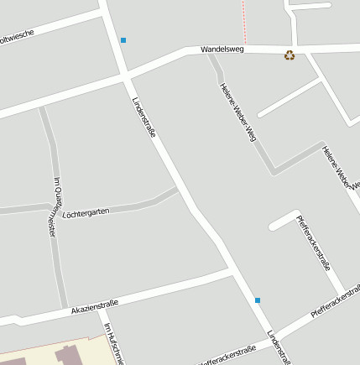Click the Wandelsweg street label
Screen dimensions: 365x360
coord(222,50)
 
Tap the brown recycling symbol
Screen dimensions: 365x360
coord(290,55)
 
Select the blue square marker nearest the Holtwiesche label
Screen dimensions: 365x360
coord(123,40)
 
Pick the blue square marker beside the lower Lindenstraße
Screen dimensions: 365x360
coord(258,300)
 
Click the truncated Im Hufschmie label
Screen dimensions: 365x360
coord(113,344)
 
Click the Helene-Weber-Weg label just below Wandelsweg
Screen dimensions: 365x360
coord(237,112)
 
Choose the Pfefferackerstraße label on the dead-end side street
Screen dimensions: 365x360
coord(313,242)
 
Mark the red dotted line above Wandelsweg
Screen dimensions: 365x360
coord(245,21)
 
